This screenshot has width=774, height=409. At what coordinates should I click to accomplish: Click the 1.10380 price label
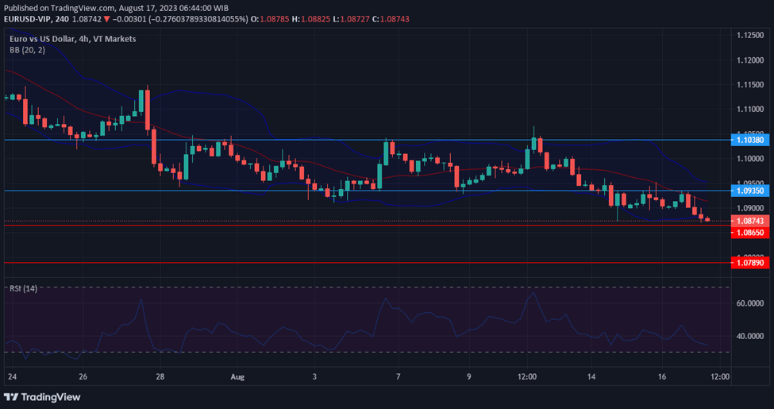click(x=750, y=140)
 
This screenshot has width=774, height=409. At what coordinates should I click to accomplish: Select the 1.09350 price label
click(x=750, y=191)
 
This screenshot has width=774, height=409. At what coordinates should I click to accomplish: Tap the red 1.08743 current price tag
click(x=750, y=220)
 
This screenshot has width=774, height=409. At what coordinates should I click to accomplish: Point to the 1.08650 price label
click(x=750, y=233)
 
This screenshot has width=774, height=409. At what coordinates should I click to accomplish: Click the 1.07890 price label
click(x=750, y=262)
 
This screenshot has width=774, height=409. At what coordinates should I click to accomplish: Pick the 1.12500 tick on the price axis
click(x=750, y=35)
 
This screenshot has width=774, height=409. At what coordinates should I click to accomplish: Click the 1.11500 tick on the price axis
click(x=750, y=85)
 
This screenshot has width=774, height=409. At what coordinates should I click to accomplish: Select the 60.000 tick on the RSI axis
click(x=750, y=303)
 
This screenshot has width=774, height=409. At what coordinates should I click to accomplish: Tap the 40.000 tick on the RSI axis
click(x=750, y=336)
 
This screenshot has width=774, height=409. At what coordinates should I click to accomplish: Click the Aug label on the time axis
click(x=237, y=376)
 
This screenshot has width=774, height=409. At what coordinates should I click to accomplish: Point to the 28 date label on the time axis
click(x=160, y=376)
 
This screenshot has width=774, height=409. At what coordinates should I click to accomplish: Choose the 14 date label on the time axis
click(x=592, y=376)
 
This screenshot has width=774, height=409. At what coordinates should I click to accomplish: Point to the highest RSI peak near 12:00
click(x=533, y=293)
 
